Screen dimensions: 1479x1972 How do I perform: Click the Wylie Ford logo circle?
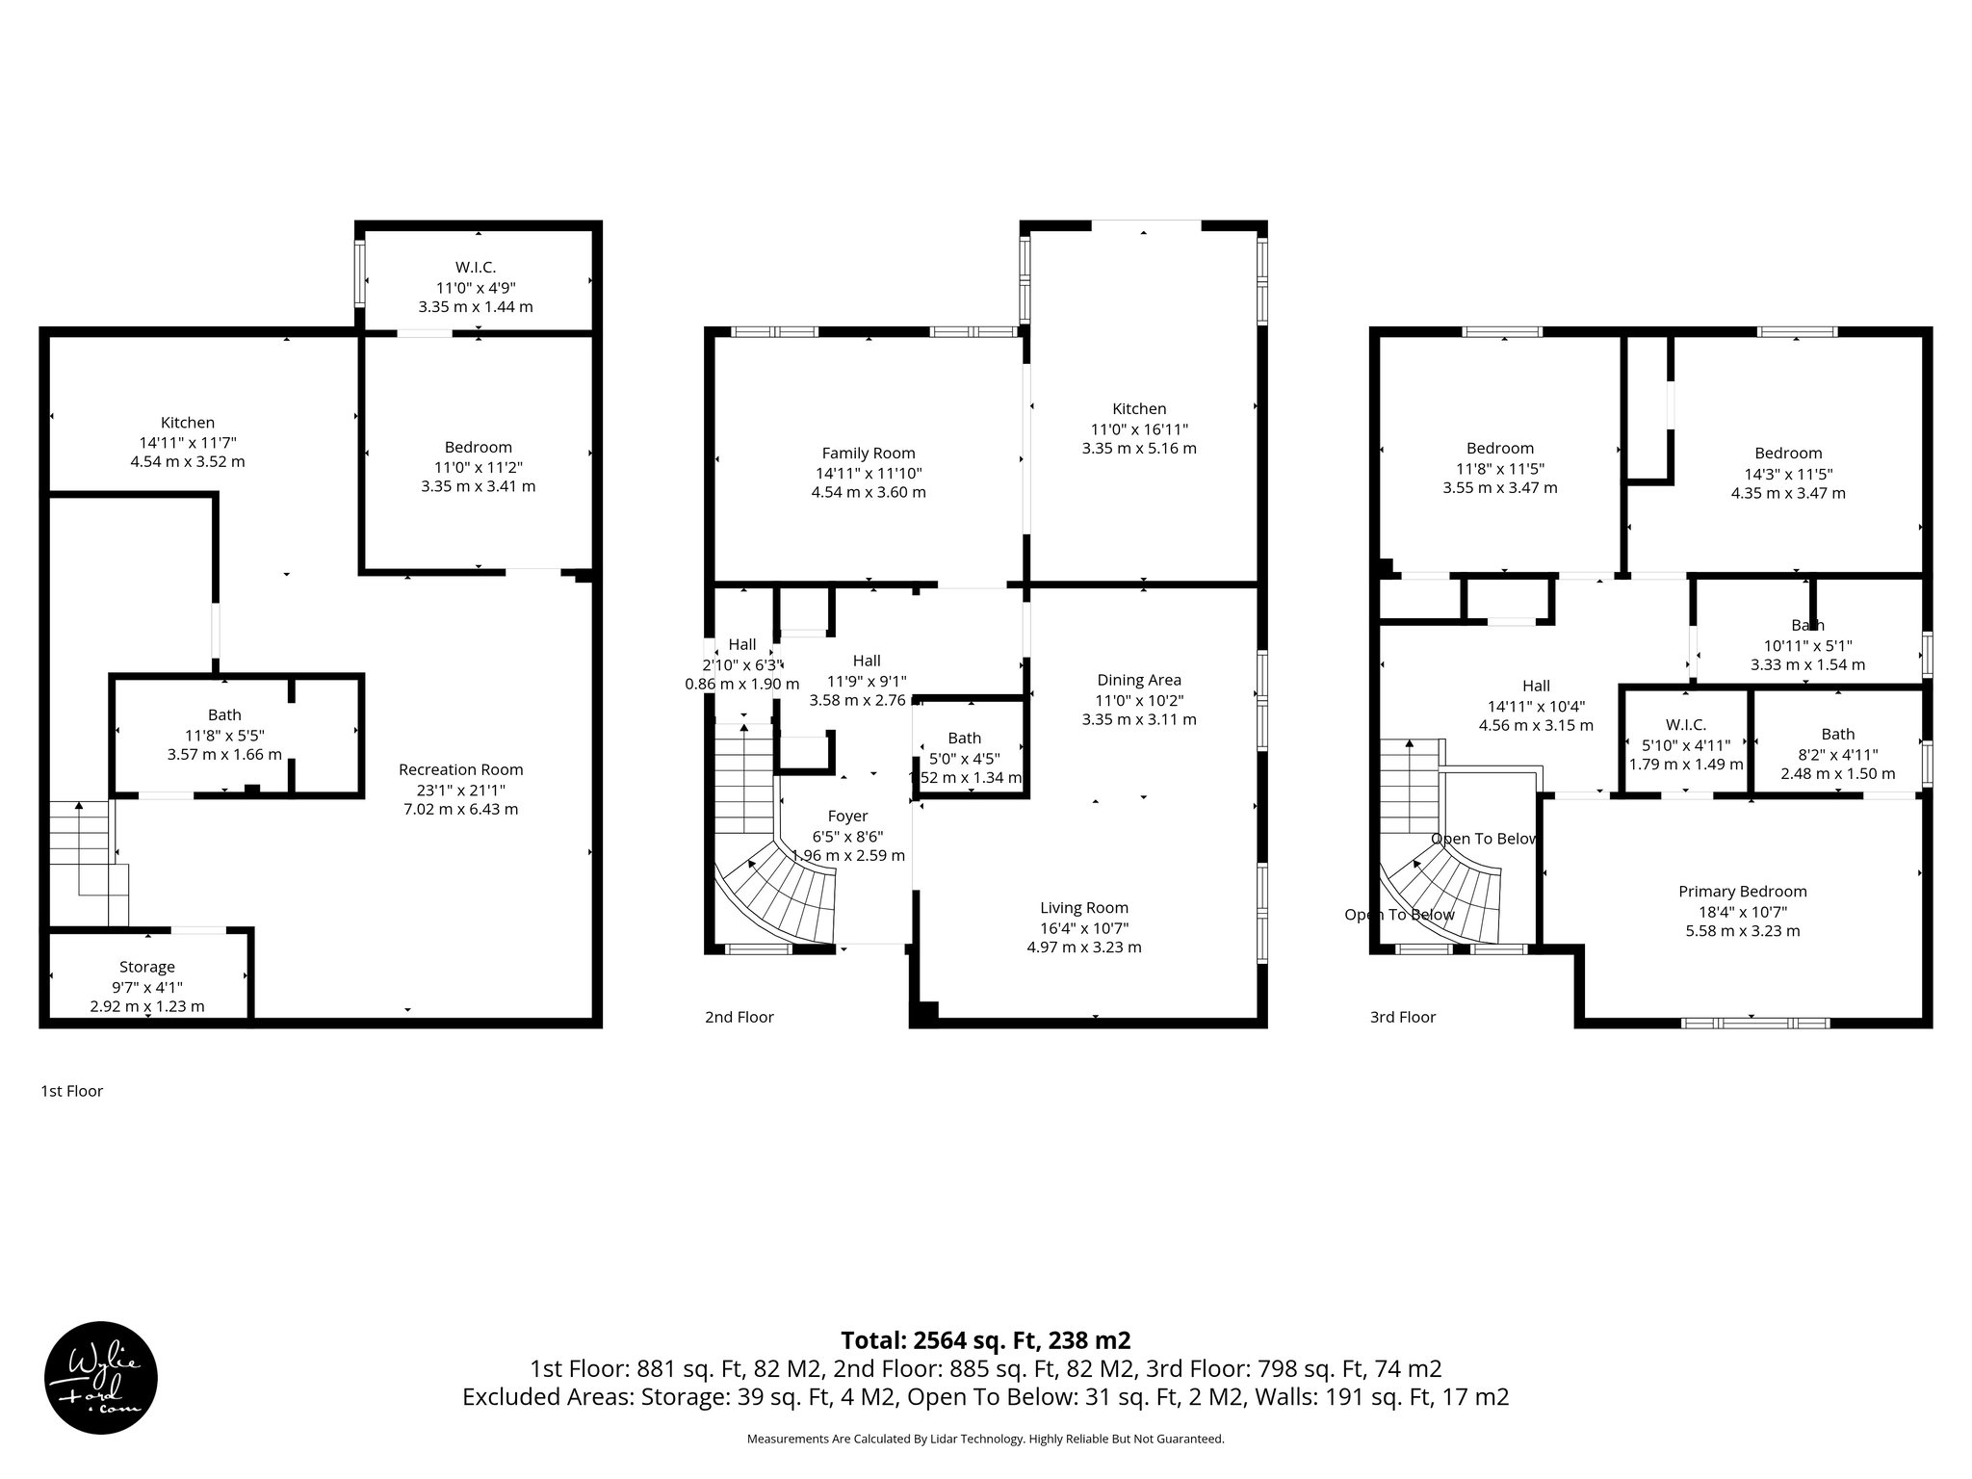tap(100, 1377)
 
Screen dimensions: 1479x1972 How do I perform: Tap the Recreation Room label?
tap(460, 769)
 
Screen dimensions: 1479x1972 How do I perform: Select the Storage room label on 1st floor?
tap(146, 967)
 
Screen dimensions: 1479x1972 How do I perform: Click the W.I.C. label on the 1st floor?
tap(475, 267)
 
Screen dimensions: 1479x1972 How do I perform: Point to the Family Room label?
tap(868, 453)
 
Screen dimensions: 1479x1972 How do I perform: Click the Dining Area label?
tap(1138, 680)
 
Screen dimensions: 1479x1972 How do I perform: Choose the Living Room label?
tap(1083, 907)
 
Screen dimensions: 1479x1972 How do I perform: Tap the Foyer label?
tap(846, 816)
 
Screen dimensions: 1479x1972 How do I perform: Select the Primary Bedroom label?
tap(1742, 892)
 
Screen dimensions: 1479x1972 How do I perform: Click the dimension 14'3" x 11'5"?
tap(1787, 474)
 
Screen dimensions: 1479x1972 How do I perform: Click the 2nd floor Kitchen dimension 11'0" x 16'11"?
tap(1139, 428)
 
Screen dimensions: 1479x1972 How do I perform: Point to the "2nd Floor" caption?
tap(739, 1017)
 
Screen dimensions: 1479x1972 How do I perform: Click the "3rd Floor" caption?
tap(1402, 1017)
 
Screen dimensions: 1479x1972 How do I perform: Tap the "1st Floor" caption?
tap(71, 1091)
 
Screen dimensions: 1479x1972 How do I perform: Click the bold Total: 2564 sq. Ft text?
tap(985, 1339)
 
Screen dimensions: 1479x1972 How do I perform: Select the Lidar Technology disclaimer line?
tap(985, 1439)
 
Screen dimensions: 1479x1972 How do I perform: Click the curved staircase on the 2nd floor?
tap(785, 891)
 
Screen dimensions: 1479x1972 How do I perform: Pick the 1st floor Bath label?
tap(224, 714)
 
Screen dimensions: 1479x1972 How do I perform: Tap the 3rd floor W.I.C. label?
tap(1685, 724)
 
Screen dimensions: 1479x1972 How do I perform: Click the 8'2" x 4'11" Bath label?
tap(1837, 754)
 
